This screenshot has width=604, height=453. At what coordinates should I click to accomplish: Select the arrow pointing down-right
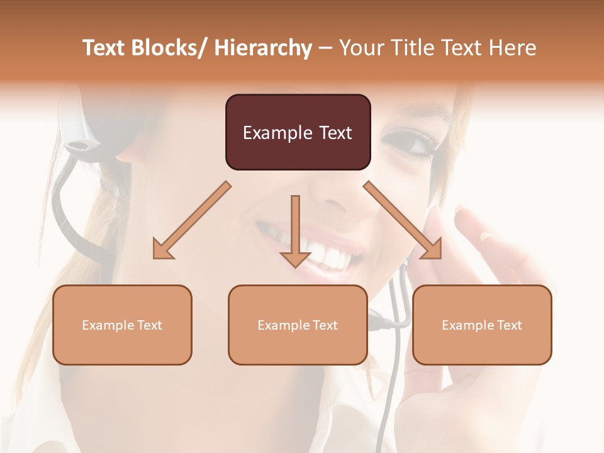point(403,220)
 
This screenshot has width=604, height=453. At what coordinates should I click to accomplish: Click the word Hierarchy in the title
point(263,48)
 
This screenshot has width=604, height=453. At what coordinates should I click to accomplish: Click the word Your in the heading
point(361,48)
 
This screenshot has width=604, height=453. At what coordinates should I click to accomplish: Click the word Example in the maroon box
point(277,133)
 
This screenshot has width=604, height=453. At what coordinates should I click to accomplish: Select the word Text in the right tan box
point(509,325)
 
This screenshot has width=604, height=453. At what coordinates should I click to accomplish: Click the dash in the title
point(325,48)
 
